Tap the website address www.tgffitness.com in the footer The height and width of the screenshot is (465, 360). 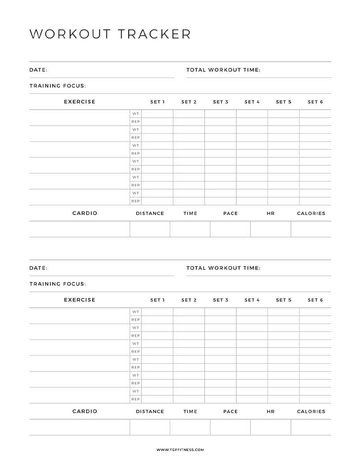coord(180,450)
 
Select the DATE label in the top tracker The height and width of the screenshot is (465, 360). coord(38,70)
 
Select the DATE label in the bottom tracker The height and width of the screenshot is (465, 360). coord(38,268)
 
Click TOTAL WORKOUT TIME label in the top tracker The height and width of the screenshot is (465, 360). coord(223,70)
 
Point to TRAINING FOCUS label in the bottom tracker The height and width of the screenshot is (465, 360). coord(58,284)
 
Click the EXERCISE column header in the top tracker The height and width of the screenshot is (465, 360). coord(79,102)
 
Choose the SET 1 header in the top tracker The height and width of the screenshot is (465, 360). coord(157,102)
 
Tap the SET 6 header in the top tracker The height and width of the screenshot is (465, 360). coord(315,102)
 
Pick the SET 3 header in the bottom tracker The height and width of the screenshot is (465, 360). coord(221,300)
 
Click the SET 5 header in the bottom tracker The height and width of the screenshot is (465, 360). coord(284,300)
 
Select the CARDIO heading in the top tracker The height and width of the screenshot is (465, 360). coord(85,213)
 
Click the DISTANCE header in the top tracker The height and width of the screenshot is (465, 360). coord(150,213)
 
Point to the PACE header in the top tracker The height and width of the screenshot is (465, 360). coord(230,213)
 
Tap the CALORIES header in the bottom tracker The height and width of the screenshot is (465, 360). coord(311,412)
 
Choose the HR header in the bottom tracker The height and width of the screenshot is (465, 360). coord(270,412)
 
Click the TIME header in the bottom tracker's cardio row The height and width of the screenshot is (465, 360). coord(190,412)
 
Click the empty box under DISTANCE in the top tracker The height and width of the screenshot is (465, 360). coord(150,229)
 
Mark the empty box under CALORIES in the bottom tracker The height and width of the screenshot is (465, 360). coord(311,427)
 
